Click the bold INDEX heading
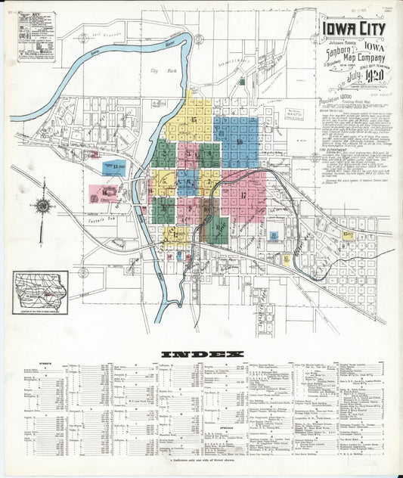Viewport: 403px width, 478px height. point(201,354)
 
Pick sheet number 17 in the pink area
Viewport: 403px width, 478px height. point(243,197)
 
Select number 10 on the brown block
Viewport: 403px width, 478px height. point(207,206)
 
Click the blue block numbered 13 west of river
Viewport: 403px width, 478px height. point(114,168)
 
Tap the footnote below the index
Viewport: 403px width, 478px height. point(201,459)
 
